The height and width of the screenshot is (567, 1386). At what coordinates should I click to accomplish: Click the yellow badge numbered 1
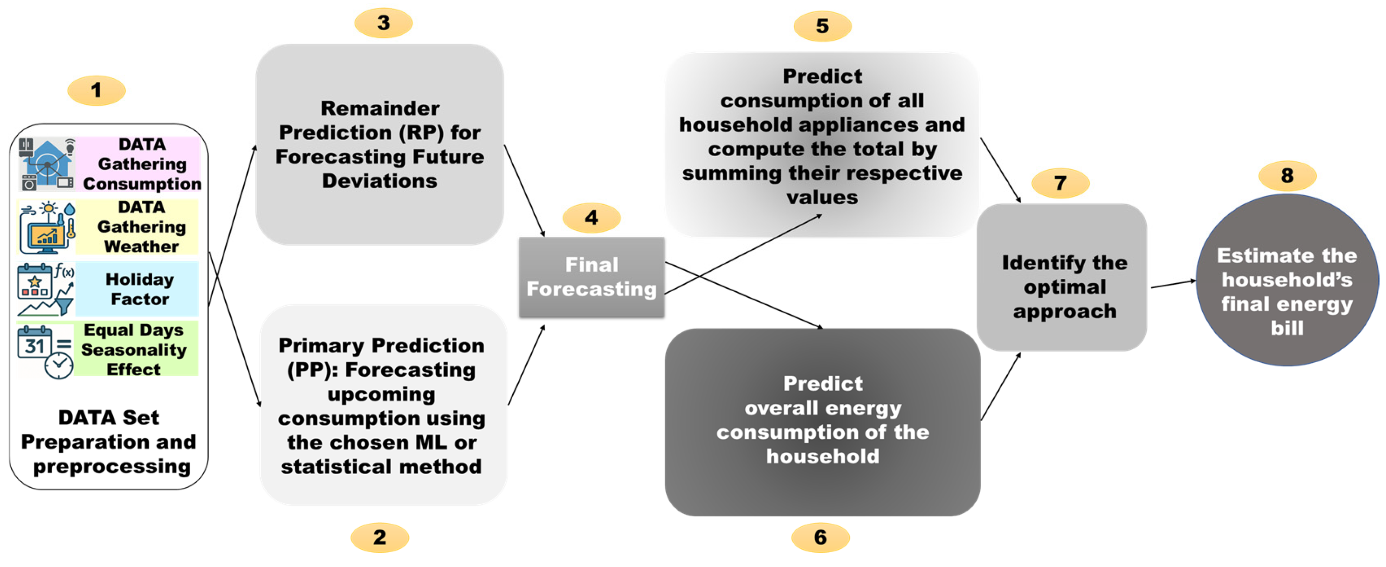click(96, 90)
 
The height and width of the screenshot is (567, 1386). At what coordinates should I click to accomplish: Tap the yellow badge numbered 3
click(383, 23)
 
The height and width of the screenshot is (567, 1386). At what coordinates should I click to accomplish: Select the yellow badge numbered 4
click(591, 218)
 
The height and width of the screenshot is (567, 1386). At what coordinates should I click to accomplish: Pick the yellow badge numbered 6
click(820, 537)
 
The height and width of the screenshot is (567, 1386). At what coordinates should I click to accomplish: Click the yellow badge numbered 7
click(1060, 183)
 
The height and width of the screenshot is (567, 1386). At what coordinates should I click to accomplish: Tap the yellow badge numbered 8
click(1287, 176)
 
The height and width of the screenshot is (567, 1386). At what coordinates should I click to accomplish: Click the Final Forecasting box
click(591, 277)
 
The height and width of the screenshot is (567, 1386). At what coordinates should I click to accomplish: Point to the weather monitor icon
click(47, 227)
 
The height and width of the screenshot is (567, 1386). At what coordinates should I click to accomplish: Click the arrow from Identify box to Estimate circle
click(1172, 284)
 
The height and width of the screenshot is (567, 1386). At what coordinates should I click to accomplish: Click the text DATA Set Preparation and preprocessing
click(109, 441)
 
